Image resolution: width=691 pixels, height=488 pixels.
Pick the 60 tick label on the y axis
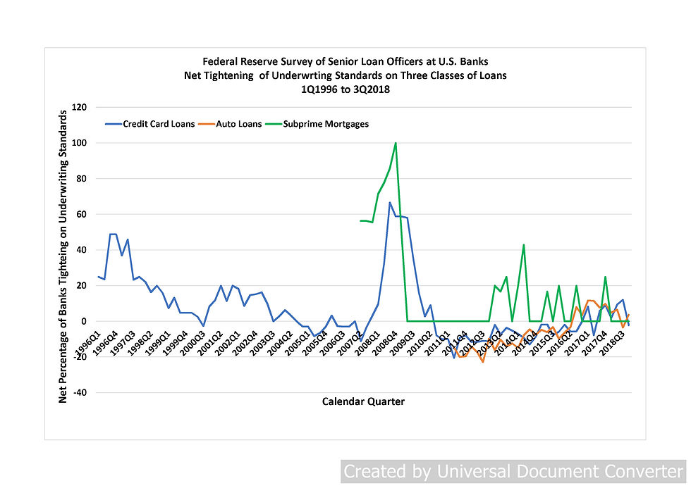[80, 214]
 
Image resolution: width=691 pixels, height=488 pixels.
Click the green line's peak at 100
[396, 143]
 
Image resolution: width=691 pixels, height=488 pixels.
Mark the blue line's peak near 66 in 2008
[390, 203]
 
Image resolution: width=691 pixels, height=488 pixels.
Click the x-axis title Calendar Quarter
[363, 401]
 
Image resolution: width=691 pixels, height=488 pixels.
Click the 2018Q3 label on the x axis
[613, 348]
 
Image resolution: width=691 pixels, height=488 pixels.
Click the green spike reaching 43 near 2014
[523, 245]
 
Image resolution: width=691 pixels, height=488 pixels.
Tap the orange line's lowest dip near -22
[482, 361]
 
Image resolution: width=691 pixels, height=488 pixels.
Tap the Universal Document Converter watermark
[513, 471]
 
